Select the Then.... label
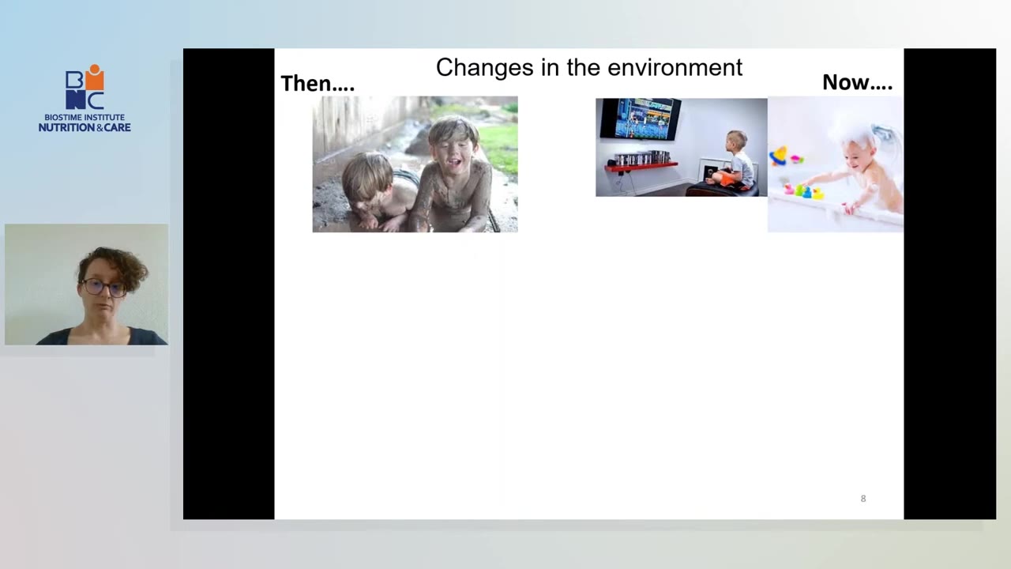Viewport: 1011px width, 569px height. pos(318,84)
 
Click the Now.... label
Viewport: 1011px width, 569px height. pos(857,83)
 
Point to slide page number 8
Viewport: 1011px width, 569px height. pos(863,499)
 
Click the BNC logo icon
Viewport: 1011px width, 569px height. pos(85,87)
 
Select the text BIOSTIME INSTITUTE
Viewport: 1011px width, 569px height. pos(85,118)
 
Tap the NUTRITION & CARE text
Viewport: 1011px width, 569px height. pos(85,127)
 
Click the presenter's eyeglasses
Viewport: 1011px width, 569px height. pos(103,287)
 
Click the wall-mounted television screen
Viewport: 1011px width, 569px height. pos(641,119)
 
